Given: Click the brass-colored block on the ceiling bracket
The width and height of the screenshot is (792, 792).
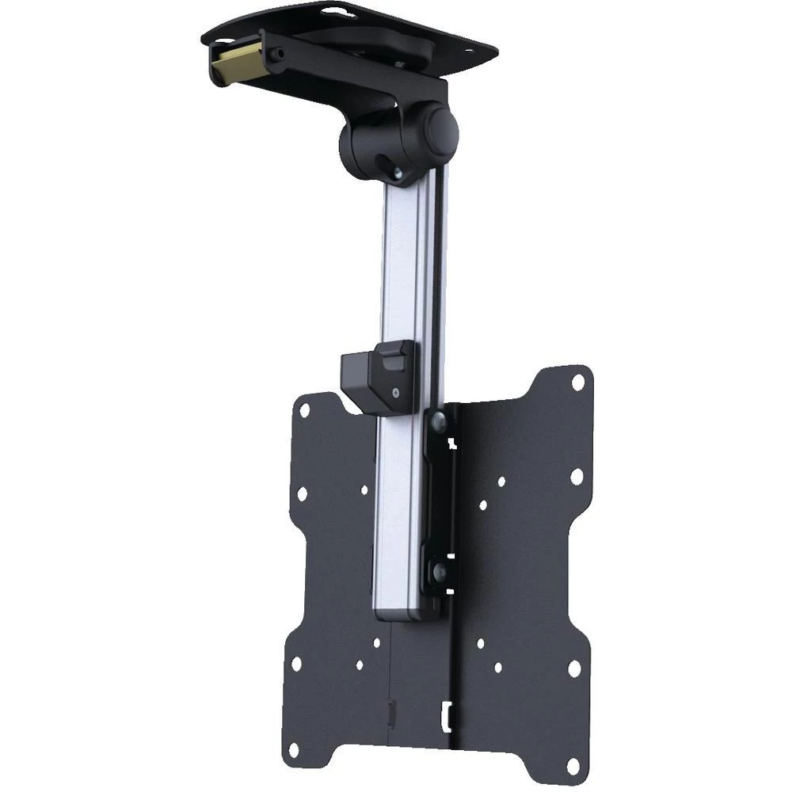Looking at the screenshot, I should [235, 60].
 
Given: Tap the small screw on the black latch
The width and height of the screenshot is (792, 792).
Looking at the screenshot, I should [394, 390].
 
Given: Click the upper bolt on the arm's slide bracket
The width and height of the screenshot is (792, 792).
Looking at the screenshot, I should [437, 423].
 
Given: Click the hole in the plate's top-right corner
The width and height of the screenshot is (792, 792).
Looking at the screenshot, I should [578, 382].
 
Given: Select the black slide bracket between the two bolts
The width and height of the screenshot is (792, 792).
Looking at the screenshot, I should [437, 495].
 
